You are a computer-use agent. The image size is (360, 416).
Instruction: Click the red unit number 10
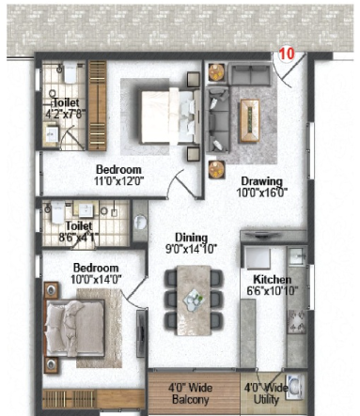point(287,54)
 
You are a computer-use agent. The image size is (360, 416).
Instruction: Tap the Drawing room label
point(261,181)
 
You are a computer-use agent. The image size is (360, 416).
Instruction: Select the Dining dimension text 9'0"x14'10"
point(191,249)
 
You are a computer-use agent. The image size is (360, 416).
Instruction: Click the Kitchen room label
point(272,279)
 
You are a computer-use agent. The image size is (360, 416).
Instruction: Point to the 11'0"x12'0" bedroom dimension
point(118,181)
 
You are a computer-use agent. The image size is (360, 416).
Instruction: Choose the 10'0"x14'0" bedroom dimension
point(96,279)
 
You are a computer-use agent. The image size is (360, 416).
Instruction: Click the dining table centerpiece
point(194,300)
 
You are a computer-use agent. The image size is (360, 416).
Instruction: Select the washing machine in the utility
point(294,388)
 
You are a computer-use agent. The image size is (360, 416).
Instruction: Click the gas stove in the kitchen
point(296,321)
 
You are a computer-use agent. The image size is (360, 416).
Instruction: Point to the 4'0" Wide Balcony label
point(191,393)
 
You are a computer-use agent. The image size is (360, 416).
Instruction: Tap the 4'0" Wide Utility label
point(266,393)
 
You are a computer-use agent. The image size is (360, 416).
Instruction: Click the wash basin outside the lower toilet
point(140,222)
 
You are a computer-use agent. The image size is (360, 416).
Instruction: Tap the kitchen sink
point(296,256)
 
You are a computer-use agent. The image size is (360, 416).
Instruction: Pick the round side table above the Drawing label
point(216,169)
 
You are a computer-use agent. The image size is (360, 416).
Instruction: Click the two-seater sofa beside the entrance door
point(249,74)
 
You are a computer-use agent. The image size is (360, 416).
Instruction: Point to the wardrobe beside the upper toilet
point(98,105)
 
